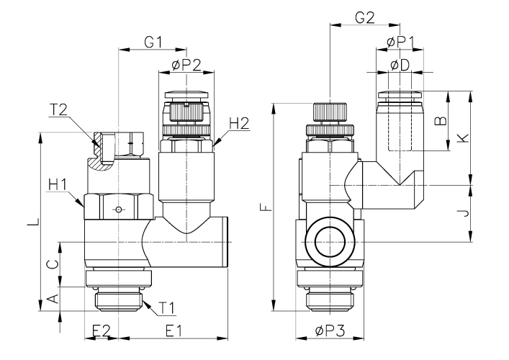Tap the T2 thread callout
point(59,109)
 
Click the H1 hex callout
point(58,186)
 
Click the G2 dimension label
point(366,18)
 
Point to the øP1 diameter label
point(399,42)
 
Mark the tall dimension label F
point(266,209)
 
